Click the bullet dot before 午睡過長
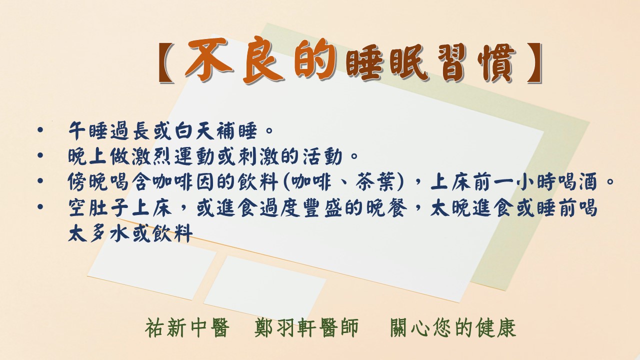pyautogui.click(x=40, y=130)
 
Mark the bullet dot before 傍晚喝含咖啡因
pyautogui.click(x=40, y=181)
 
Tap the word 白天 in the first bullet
pyautogui.click(x=194, y=130)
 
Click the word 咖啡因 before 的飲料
pyautogui.click(x=183, y=181)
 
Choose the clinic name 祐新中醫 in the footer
pyautogui.click(x=187, y=328)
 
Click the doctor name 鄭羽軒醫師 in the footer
pyautogui.click(x=306, y=328)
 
